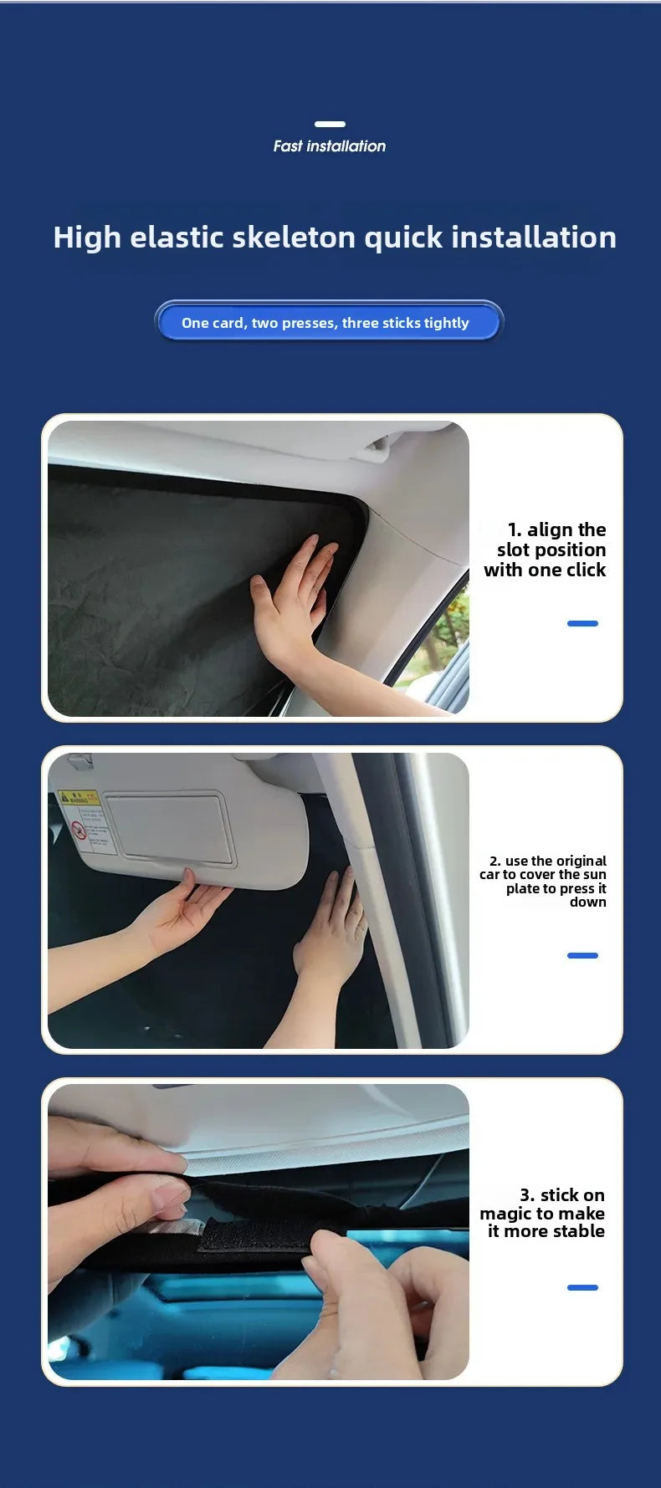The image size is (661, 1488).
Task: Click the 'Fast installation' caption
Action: [330, 146]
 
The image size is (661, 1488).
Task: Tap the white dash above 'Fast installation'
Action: [330, 124]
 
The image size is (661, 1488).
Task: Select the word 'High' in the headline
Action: [87, 238]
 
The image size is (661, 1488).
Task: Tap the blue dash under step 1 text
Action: [582, 623]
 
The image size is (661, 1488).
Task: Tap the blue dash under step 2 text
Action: [582, 955]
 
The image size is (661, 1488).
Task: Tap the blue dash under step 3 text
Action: [582, 1287]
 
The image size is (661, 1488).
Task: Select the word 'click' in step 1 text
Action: [586, 570]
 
